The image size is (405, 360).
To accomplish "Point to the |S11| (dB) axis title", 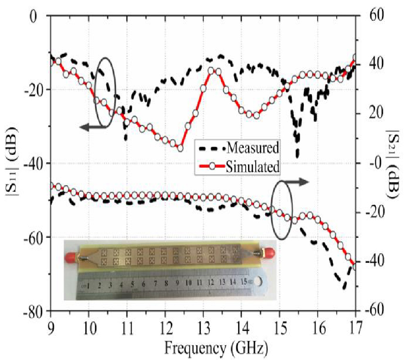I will (x=12, y=163).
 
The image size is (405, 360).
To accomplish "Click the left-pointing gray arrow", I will (x=93, y=128).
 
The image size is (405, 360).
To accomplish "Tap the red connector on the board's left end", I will (x=71, y=257).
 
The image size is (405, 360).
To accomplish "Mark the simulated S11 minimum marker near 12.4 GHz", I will (x=180, y=148).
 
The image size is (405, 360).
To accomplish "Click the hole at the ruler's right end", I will (x=257, y=282).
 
